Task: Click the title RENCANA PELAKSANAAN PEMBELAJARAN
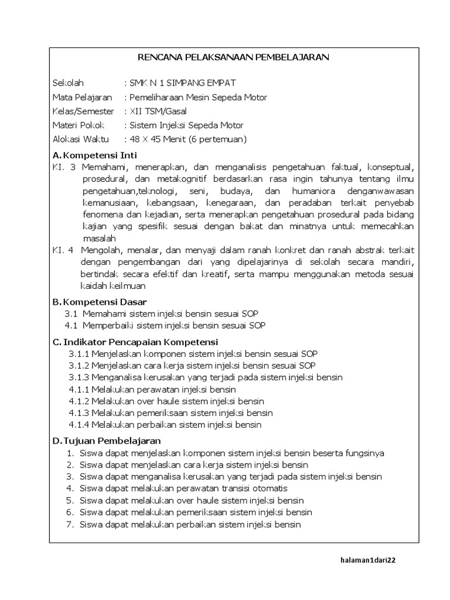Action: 233,57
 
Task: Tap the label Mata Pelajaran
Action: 82,97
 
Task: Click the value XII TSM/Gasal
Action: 158,111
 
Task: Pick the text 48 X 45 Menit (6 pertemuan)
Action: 188,139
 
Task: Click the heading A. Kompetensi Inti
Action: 94,155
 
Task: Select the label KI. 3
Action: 64,167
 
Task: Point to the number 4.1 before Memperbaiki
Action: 71,325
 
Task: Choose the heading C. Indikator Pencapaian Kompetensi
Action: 135,342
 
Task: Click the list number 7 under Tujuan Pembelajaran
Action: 70,524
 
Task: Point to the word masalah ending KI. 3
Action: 99,238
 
